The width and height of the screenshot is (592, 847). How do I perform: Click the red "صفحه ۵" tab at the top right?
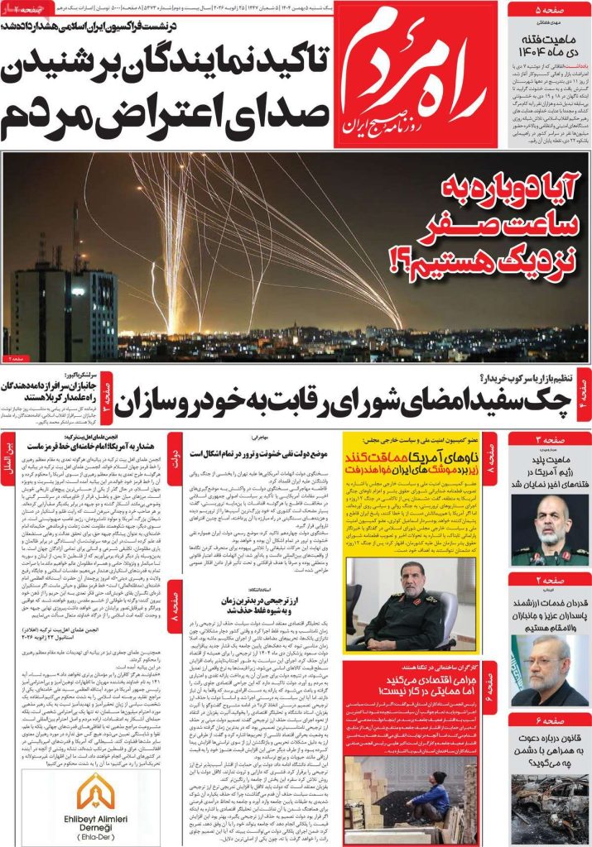549,10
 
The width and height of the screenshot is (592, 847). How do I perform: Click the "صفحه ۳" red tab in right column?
550,439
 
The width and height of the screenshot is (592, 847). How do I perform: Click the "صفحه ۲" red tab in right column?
550,581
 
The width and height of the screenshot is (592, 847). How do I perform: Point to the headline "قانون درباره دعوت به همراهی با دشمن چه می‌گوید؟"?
550,748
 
